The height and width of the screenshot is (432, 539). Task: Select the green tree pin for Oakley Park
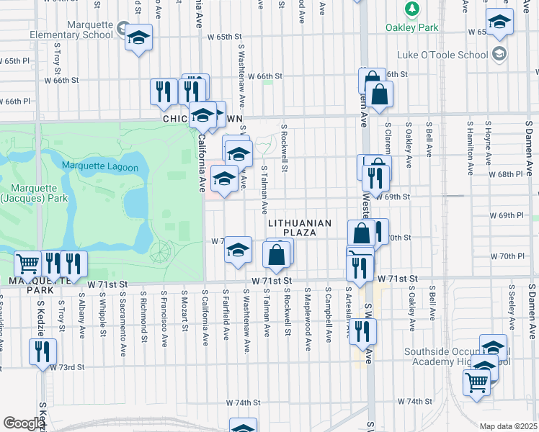coord(411,9)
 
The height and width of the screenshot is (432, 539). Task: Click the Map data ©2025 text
coord(508,426)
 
